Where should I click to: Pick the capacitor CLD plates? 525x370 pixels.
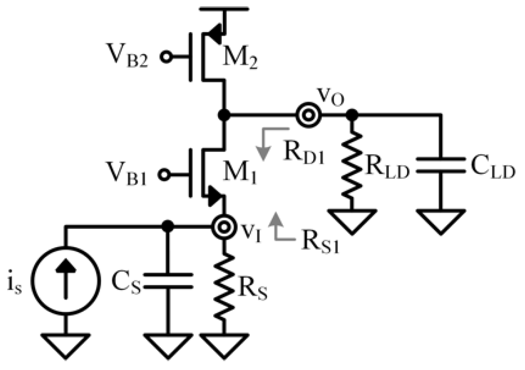pyautogui.click(x=441, y=166)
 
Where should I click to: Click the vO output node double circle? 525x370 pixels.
pyautogui.click(x=308, y=115)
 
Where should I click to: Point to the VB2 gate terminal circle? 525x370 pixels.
pyautogui.click(x=168, y=57)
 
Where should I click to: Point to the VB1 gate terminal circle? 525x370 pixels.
pyautogui.click(x=168, y=173)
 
